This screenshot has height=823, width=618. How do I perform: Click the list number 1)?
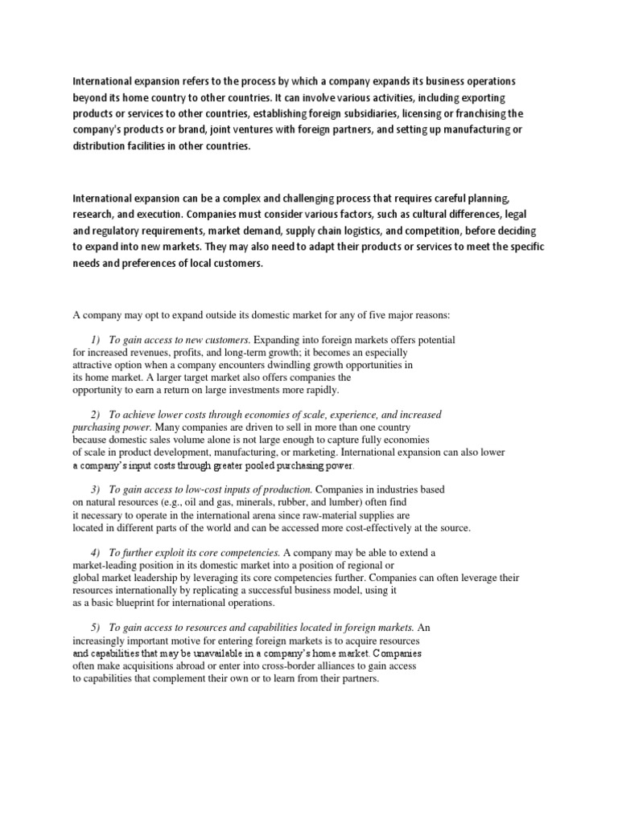click(x=96, y=340)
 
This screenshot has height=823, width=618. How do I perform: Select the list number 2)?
click(x=96, y=415)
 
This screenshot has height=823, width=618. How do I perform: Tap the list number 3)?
click(x=96, y=489)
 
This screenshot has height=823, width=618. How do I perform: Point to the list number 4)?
click(x=96, y=553)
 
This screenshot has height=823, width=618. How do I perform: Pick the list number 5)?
click(x=96, y=628)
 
